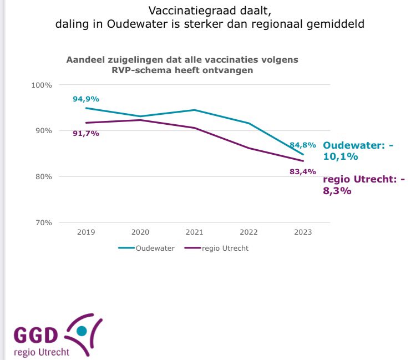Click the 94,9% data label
click(85, 99)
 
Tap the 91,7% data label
click(85, 133)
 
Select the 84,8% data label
click(302, 145)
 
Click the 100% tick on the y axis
click(41, 85)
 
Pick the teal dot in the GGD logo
click(82, 331)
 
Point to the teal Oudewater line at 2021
click(195, 110)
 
